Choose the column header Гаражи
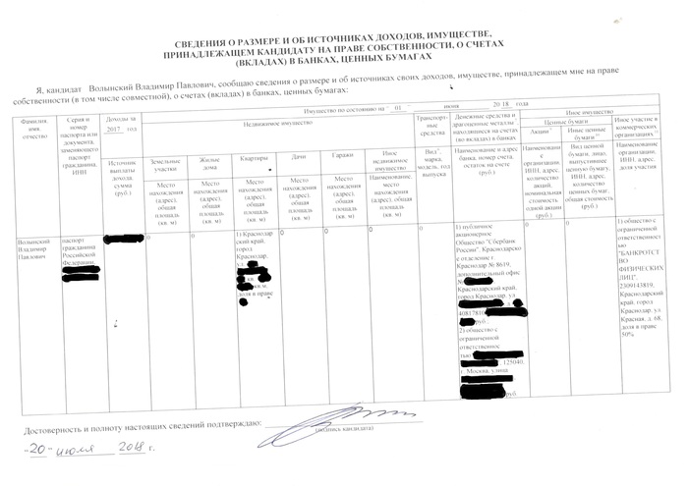pyautogui.click(x=342, y=159)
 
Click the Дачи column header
pyautogui.click(x=299, y=159)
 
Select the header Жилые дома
pyautogui.click(x=209, y=164)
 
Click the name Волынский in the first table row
pyautogui.click(x=26, y=239)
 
